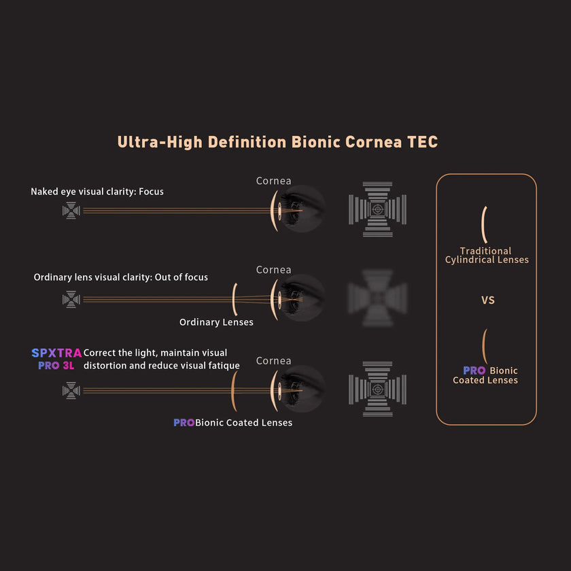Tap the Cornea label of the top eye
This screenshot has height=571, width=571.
tap(273, 181)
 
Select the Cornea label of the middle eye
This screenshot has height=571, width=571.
tap(273, 270)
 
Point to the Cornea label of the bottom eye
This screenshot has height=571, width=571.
tap(273, 361)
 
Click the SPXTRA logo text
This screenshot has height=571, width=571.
tap(56, 353)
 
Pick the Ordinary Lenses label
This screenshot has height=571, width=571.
tap(216, 322)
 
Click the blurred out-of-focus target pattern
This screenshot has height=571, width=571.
tap(377, 297)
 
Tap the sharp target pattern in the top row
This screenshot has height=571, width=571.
tap(377, 209)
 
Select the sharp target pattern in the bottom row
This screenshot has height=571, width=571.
tap(377, 390)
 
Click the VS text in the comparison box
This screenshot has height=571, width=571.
tap(487, 300)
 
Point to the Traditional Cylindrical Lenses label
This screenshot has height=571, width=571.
tap(486, 256)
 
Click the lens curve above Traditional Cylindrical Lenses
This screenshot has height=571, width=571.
tap(484, 224)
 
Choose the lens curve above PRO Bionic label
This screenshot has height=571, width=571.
tap(484, 347)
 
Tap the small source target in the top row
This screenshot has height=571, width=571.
tap(71, 211)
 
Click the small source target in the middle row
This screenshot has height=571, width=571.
tap(71, 299)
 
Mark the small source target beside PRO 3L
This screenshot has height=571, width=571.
tap(71, 390)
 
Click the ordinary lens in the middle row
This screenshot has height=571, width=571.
tap(235, 298)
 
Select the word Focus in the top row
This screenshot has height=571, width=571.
tap(151, 192)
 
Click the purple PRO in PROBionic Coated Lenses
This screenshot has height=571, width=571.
tap(184, 423)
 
